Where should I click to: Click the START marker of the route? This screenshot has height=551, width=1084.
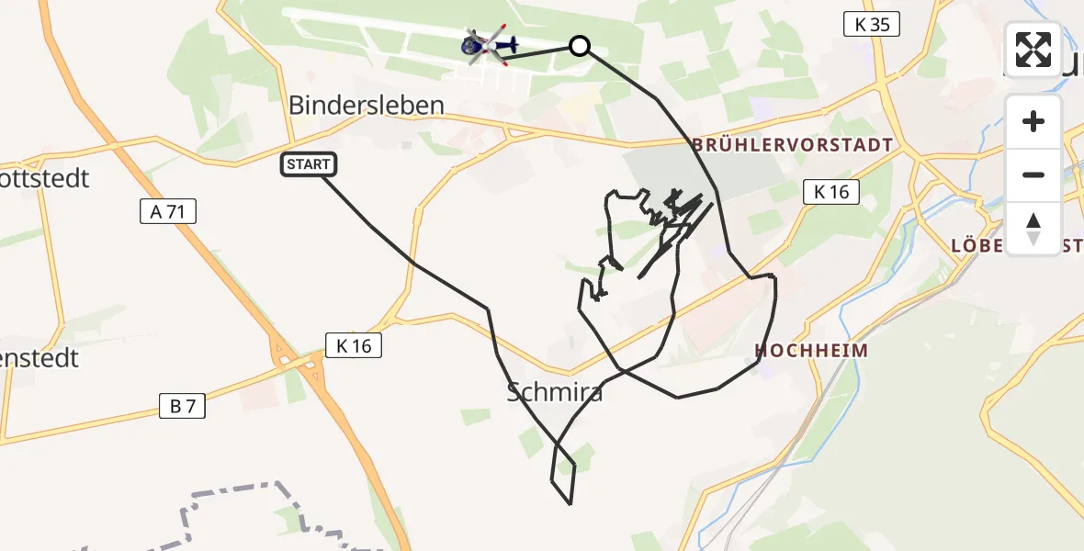click(309, 165)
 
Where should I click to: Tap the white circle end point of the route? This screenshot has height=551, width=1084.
click(579, 45)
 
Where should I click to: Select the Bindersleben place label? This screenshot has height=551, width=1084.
click(367, 105)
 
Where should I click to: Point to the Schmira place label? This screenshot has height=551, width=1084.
click(555, 392)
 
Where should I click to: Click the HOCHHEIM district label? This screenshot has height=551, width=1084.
click(811, 350)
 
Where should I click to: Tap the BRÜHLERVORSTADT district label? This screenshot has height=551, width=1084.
click(793, 145)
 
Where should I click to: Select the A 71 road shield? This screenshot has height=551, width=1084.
click(168, 212)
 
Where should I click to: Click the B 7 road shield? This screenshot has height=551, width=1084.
click(183, 407)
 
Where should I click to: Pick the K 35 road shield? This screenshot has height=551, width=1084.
click(872, 25)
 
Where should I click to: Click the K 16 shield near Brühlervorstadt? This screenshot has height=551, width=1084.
click(831, 192)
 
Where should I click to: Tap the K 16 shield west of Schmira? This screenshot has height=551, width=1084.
click(354, 345)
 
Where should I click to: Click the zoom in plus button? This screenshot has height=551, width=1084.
click(1033, 121)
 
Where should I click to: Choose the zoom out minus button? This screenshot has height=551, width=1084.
click(1033, 174)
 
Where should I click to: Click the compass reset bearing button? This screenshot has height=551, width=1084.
click(1033, 228)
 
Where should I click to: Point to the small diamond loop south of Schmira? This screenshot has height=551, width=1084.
click(563, 473)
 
